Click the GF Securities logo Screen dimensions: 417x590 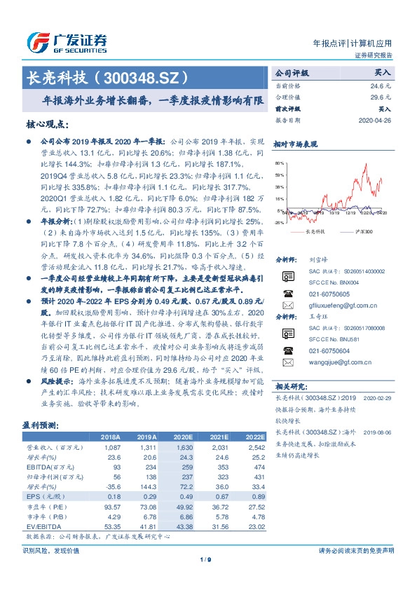pos(66,43)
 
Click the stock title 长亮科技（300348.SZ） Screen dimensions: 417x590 pos(106,76)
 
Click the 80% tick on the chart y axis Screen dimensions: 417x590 pos(279,162)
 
